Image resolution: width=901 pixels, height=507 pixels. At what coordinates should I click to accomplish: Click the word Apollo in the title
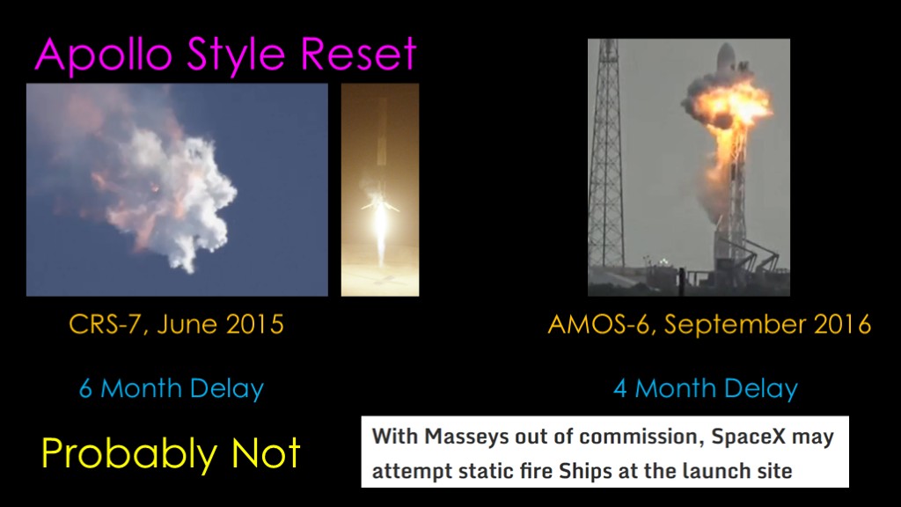tap(104, 55)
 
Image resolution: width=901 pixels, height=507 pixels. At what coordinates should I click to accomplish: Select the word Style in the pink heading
tap(236, 55)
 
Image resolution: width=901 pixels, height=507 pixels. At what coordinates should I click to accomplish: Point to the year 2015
tap(254, 324)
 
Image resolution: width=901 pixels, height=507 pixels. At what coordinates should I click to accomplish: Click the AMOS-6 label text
tap(598, 325)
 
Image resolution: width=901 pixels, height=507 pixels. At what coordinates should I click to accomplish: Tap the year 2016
tap(842, 324)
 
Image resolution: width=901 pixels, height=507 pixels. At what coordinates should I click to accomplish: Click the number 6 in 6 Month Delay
tap(85, 388)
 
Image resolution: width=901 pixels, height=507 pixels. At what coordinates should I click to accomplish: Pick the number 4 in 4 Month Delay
tap(620, 388)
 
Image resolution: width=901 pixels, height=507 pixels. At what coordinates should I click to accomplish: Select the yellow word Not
tap(266, 453)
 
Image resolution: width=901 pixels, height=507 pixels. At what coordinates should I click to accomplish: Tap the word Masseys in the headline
tap(466, 437)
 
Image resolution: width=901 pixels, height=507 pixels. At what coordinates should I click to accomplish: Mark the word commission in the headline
tap(639, 437)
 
